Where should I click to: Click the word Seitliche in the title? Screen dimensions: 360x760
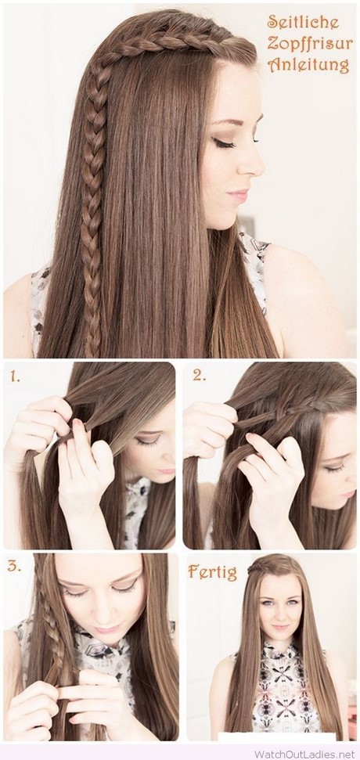coord(304,22)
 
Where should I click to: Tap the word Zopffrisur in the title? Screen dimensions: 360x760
coord(308,44)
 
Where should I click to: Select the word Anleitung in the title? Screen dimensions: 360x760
coord(308,65)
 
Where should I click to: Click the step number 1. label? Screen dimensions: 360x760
coord(14,376)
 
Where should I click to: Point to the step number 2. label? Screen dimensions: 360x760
coord(199,375)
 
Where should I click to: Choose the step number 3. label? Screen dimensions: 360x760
coord(15,566)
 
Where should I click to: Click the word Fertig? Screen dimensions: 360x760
coord(213,572)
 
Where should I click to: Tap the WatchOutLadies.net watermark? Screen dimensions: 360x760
coord(304,755)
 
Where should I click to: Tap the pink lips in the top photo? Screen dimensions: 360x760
coord(239,196)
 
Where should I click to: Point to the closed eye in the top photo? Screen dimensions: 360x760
coord(225,142)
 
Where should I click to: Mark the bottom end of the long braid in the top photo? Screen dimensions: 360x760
coord(92,353)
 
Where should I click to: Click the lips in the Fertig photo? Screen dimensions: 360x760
coord(279,627)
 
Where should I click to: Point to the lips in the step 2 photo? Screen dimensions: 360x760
coord(349,494)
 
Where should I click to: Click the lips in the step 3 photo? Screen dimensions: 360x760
coord(107,629)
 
